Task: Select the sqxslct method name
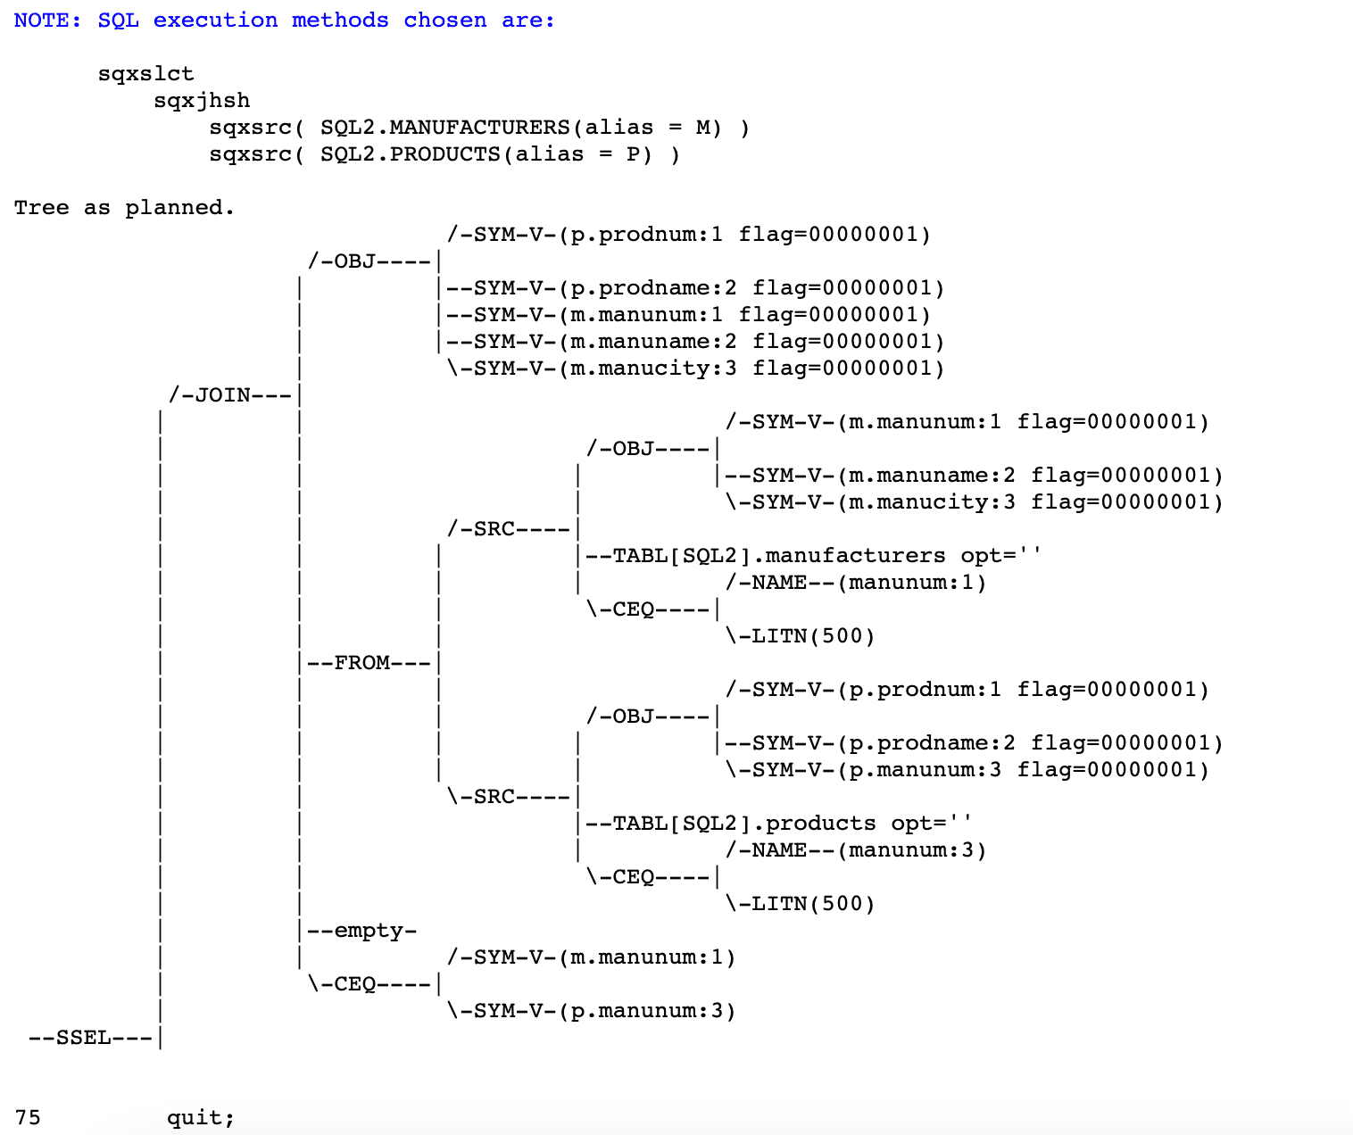(145, 74)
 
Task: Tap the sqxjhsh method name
(202, 101)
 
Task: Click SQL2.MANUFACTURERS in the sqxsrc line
(444, 128)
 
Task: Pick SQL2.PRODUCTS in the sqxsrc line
(410, 154)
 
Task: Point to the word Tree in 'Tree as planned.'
(41, 208)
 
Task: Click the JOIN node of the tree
(222, 395)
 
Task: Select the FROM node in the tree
(361, 663)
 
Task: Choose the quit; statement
(201, 1118)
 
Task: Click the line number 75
(28, 1118)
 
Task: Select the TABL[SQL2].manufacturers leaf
(778, 556)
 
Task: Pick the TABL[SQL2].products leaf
(743, 824)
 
